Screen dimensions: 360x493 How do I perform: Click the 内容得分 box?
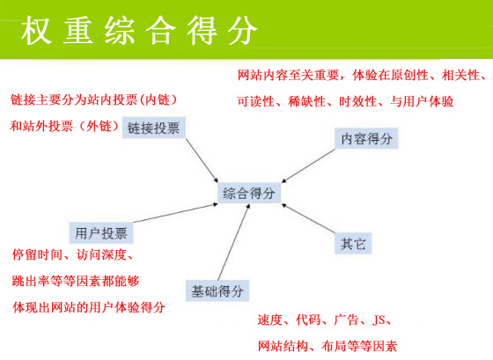[366, 138]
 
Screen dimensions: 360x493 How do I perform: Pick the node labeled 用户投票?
[100, 233]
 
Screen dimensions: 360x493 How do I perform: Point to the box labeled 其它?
[354, 243]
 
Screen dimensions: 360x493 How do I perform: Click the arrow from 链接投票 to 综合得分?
[199, 159]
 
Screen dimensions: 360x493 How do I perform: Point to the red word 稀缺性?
[307, 101]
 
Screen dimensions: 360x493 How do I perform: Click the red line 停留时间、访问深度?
[72, 256]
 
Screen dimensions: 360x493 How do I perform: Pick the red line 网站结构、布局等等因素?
[327, 346]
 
